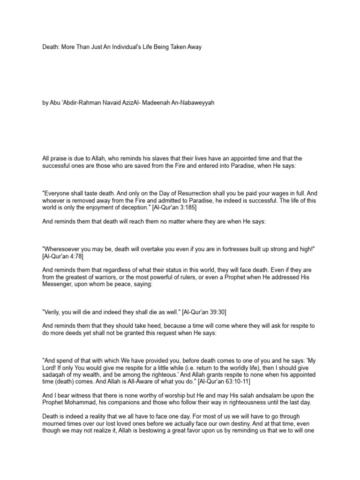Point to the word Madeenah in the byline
pyautogui.click(x=171, y=103)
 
